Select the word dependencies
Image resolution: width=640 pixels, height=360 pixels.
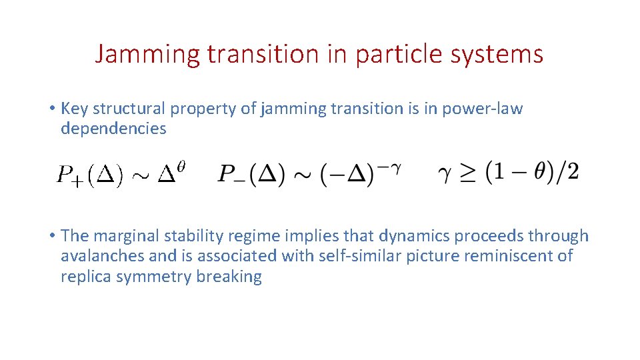coord(113,128)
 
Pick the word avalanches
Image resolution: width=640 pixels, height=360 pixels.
coord(99,256)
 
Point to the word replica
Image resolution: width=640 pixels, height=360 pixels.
coord(86,276)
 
